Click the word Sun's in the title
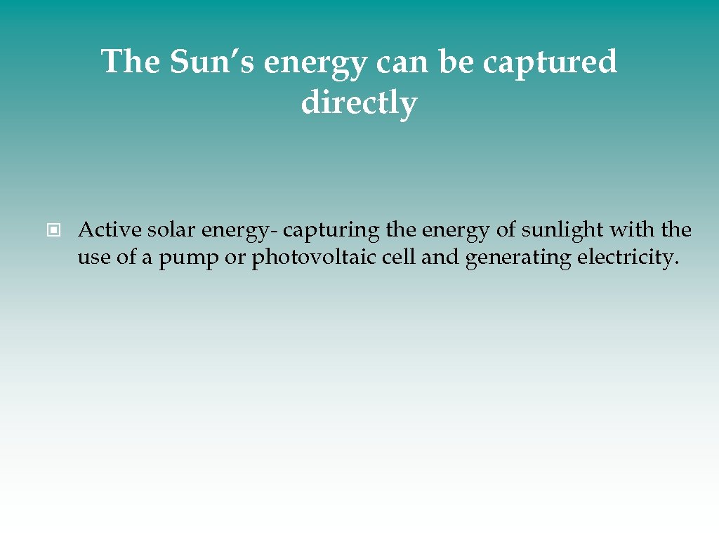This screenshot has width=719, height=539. coord(213,62)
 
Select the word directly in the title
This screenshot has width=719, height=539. coord(359,103)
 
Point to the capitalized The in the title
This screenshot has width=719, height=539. coord(132,62)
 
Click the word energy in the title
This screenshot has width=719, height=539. coord(315,63)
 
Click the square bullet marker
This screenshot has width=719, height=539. coord(54,229)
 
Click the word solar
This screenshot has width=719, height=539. coord(171,229)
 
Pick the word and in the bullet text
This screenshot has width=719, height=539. coord(441,258)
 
